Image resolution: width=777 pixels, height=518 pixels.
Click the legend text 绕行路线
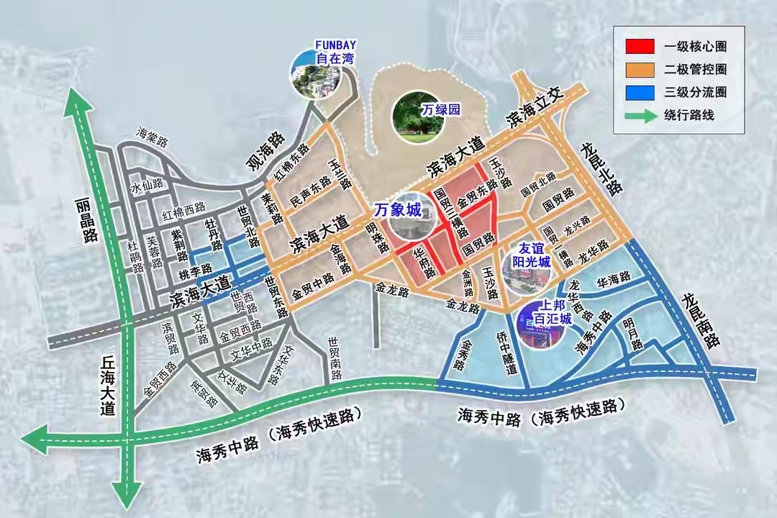click(692, 116)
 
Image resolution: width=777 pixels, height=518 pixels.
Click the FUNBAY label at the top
click(336, 45)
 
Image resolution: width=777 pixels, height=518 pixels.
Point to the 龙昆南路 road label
click(701, 320)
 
